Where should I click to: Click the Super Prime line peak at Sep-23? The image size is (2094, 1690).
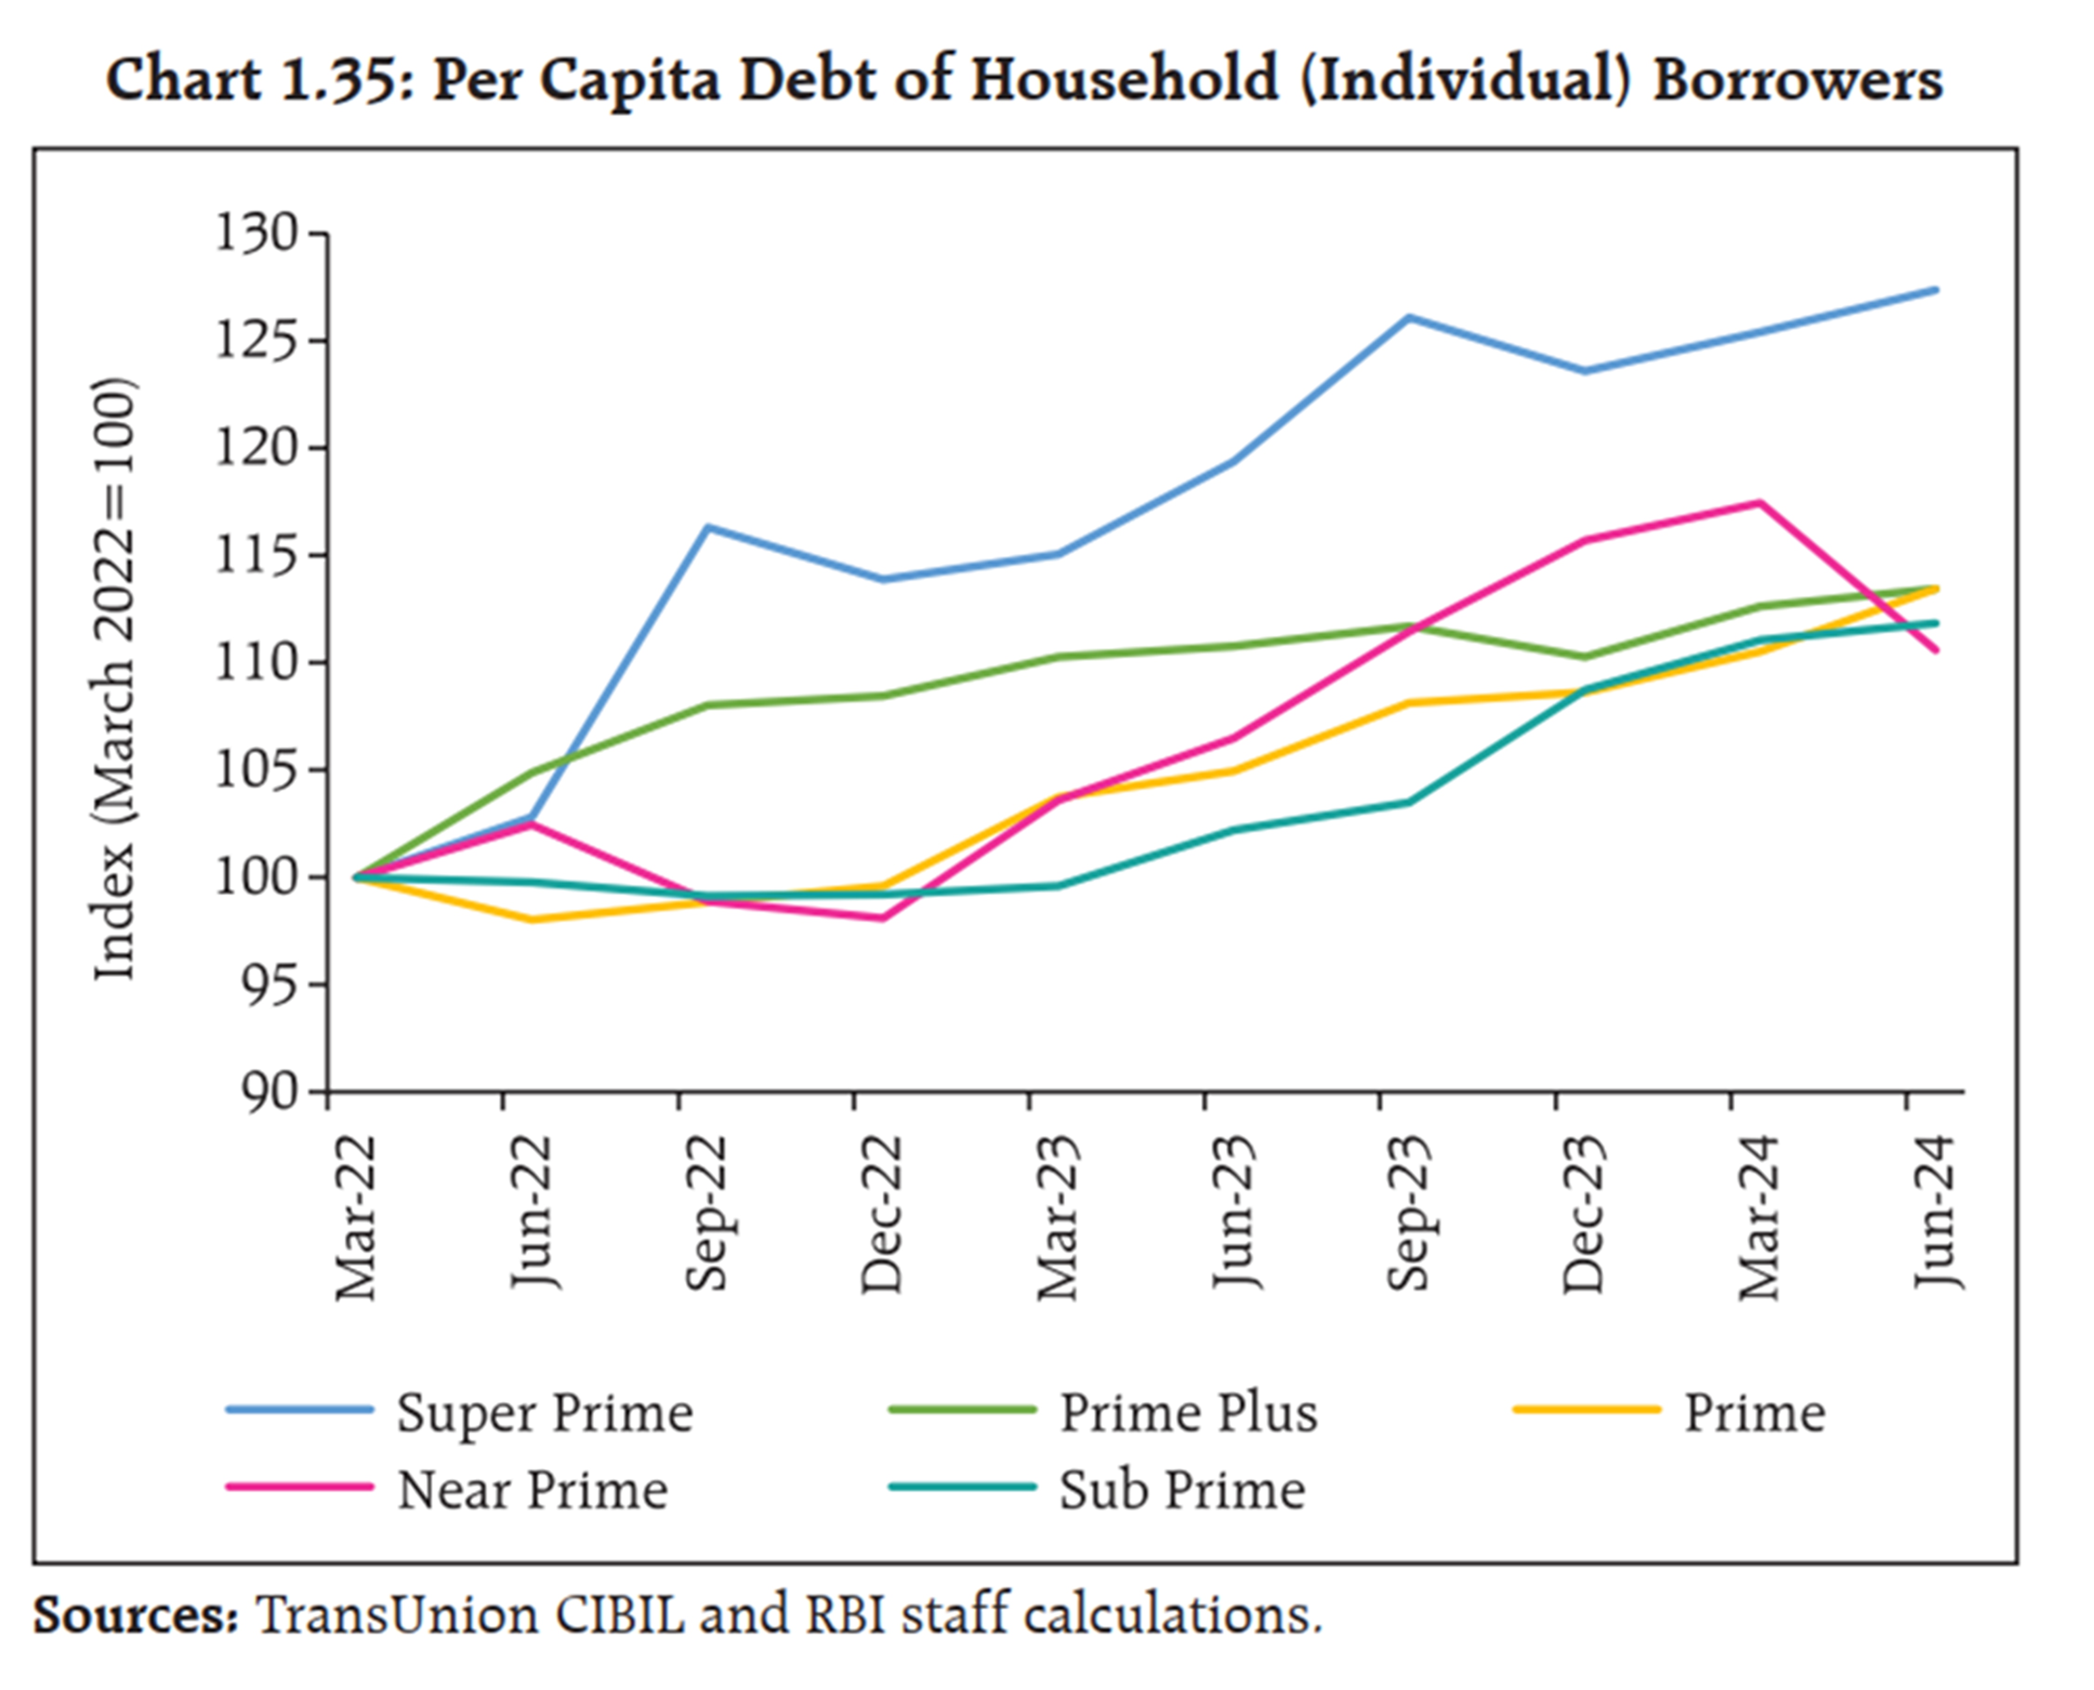[x=1409, y=317]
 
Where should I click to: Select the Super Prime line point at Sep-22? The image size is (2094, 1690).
[x=707, y=528]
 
